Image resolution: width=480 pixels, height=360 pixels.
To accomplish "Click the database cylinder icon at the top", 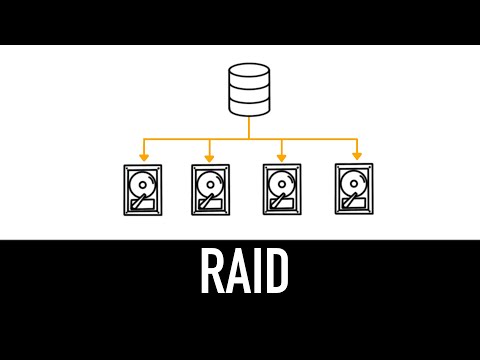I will point(249,90).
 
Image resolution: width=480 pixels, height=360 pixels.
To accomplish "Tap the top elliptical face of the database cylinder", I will point(249,72).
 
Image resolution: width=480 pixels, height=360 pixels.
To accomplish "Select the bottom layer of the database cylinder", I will point(249,106).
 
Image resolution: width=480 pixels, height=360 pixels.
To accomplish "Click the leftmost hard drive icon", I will point(142,190).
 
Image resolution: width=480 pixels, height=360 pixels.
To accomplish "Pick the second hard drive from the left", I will point(210,190).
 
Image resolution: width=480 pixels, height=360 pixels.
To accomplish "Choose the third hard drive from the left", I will point(281,190).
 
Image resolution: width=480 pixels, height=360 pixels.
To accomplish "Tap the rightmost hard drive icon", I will point(354,190).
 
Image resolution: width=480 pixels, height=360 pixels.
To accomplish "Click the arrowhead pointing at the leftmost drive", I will point(144,156).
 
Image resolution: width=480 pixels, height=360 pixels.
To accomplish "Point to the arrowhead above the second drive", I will point(209,156).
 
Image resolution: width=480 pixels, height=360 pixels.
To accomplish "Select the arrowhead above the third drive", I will point(281,156).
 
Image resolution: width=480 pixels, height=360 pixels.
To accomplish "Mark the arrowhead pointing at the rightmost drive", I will point(356,156).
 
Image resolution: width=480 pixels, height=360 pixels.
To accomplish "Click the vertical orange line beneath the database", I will point(249,128).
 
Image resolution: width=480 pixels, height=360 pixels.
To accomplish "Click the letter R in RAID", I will point(212,271).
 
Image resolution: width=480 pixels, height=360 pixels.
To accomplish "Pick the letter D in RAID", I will point(276,271).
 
